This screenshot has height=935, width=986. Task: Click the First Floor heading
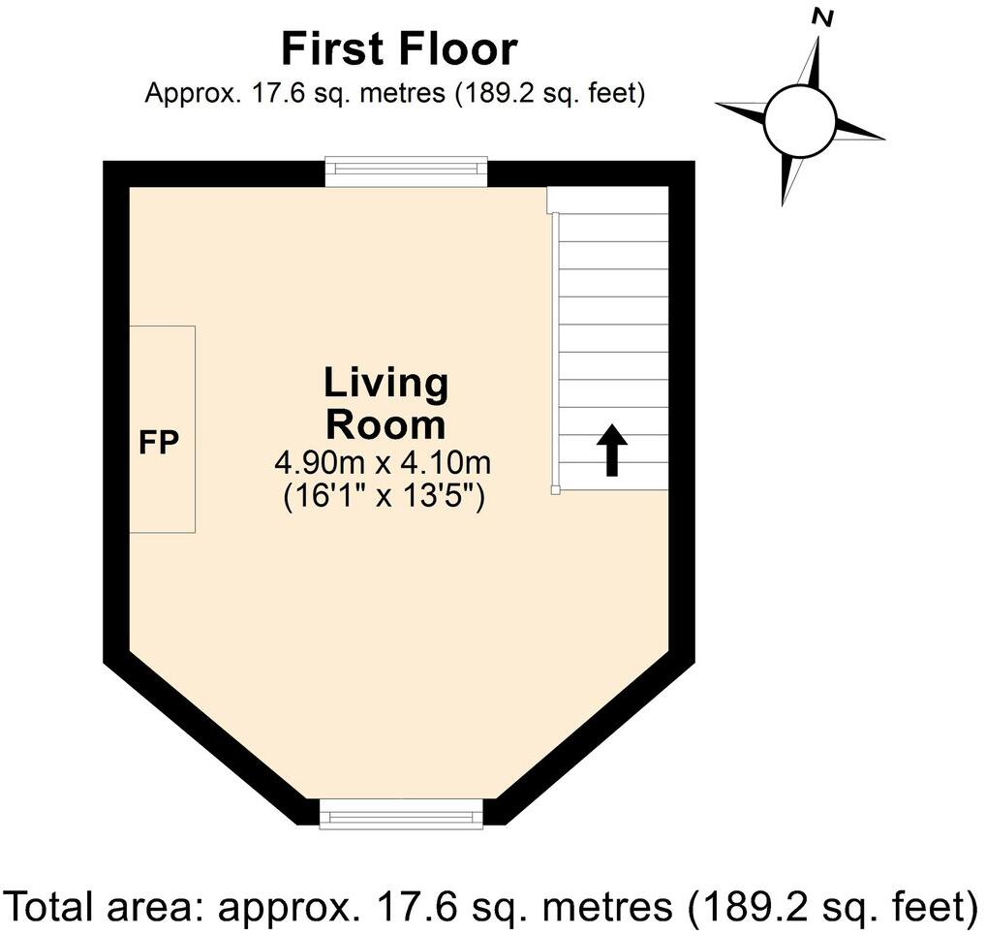pyautogui.click(x=399, y=49)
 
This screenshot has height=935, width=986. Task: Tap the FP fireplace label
pyautogui.click(x=159, y=443)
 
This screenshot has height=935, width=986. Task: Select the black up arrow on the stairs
pyautogui.click(x=612, y=450)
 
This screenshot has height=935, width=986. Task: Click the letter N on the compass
pyautogui.click(x=822, y=18)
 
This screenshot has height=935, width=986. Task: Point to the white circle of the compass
pyautogui.click(x=800, y=121)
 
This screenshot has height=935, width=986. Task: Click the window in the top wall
pyautogui.click(x=406, y=171)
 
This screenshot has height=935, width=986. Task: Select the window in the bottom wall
pyautogui.click(x=401, y=814)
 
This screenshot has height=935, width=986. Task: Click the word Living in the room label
pyautogui.click(x=386, y=383)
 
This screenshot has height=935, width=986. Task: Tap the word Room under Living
pyautogui.click(x=385, y=425)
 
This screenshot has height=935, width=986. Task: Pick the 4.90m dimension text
pyautogui.click(x=320, y=464)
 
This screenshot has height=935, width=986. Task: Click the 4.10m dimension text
pyautogui.click(x=446, y=464)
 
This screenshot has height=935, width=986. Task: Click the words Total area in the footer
pyautogui.click(x=106, y=907)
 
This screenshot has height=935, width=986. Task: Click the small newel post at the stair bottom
pyautogui.click(x=555, y=490)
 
